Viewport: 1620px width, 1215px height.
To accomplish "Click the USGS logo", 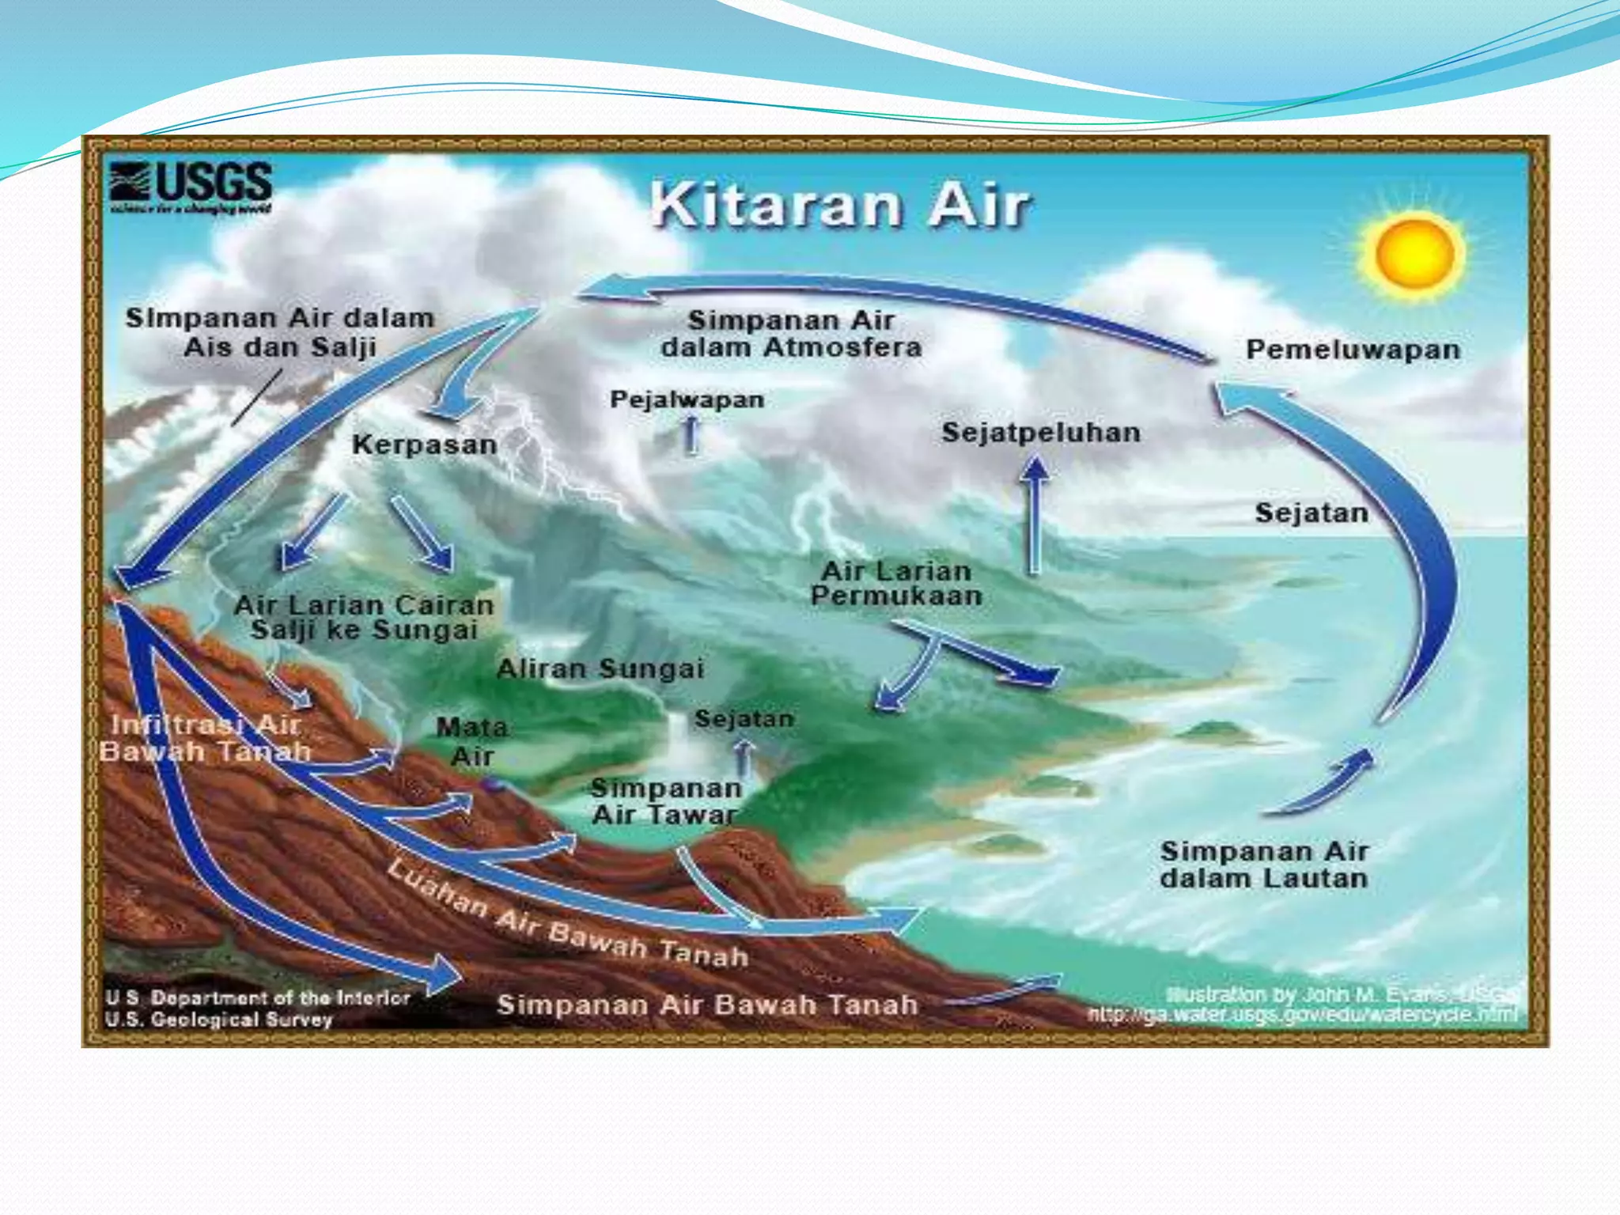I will click(191, 187).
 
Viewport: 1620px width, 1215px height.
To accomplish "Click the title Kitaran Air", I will click(840, 205).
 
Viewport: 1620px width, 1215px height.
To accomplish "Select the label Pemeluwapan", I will click(1353, 350).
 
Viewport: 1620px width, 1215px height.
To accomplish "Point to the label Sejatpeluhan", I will click(1041, 433).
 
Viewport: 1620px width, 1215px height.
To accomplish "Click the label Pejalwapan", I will click(687, 399).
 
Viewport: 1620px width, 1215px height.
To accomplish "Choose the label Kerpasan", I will click(425, 445).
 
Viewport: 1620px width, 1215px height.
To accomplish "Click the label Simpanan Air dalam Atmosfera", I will click(791, 334).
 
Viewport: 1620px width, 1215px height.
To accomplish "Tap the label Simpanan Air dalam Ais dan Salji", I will click(280, 332).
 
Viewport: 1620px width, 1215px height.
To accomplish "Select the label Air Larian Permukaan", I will click(896, 583).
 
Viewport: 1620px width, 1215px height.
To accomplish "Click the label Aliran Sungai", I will click(600, 669).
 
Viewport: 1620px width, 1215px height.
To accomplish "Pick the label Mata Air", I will click(472, 741).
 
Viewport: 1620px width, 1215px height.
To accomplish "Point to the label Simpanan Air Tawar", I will click(666, 801).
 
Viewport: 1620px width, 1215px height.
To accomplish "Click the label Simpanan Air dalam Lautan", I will click(1264, 865).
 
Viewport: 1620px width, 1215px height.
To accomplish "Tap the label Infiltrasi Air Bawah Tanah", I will click(205, 738).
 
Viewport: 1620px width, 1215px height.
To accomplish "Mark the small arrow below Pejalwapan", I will click(691, 435).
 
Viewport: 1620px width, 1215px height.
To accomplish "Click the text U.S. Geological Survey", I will click(218, 1020).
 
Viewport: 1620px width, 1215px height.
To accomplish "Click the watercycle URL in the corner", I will click(1302, 1015).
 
